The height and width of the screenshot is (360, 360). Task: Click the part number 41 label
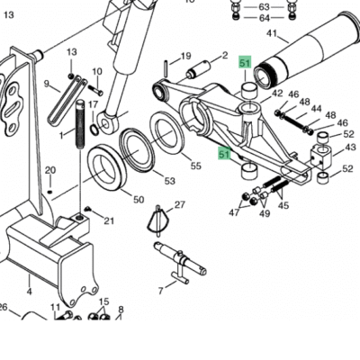pyautogui.click(x=272, y=33)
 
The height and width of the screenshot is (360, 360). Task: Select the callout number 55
pyautogui.click(x=196, y=166)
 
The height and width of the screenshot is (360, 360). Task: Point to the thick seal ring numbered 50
pyautogui.click(x=106, y=166)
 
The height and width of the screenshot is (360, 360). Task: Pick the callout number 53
pyautogui.click(x=169, y=181)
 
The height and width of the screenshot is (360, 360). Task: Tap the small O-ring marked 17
pyautogui.click(x=94, y=130)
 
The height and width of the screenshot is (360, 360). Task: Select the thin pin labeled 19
pyautogui.click(x=166, y=68)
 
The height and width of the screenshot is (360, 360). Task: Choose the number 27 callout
pyautogui.click(x=179, y=205)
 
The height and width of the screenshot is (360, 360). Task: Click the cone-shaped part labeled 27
pyautogui.click(x=158, y=221)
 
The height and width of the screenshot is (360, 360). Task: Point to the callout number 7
pyautogui.click(x=161, y=291)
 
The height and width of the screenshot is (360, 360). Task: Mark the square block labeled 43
pyautogui.click(x=320, y=155)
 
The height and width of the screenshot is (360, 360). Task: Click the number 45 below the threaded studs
pyautogui.click(x=283, y=205)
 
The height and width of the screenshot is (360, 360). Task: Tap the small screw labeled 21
pyautogui.click(x=87, y=209)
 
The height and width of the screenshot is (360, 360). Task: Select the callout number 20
pyautogui.click(x=50, y=170)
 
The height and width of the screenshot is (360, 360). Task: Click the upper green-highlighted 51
pyautogui.click(x=245, y=63)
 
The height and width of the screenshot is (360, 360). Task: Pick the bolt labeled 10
pyautogui.click(x=96, y=90)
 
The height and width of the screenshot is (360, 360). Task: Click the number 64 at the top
pyautogui.click(x=265, y=18)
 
